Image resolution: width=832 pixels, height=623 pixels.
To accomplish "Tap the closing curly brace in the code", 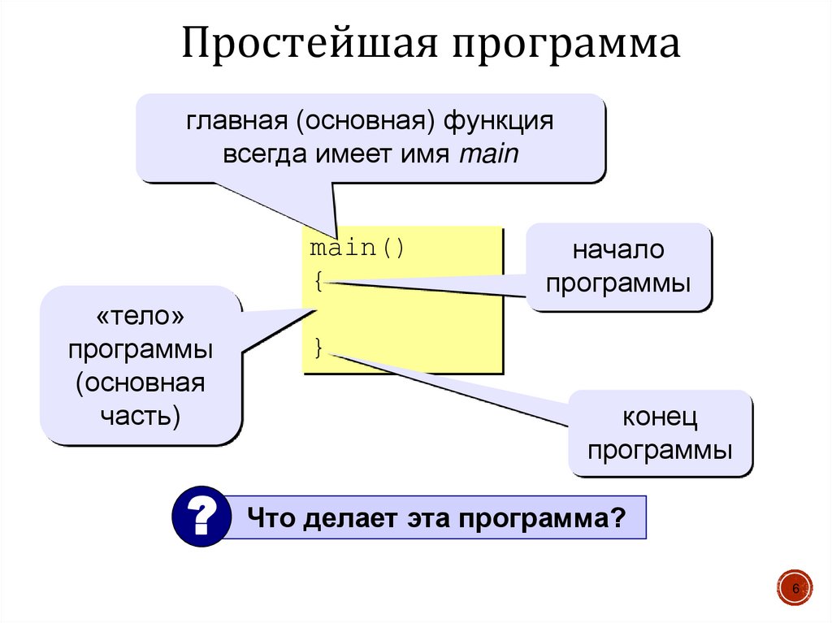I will [319, 348].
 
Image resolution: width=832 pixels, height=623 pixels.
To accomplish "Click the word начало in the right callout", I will [618, 250].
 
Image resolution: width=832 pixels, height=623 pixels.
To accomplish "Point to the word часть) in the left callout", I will [141, 416].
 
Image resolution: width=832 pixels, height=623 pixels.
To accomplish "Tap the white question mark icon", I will [198, 515].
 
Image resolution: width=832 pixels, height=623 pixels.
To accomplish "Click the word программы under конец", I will [661, 450].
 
